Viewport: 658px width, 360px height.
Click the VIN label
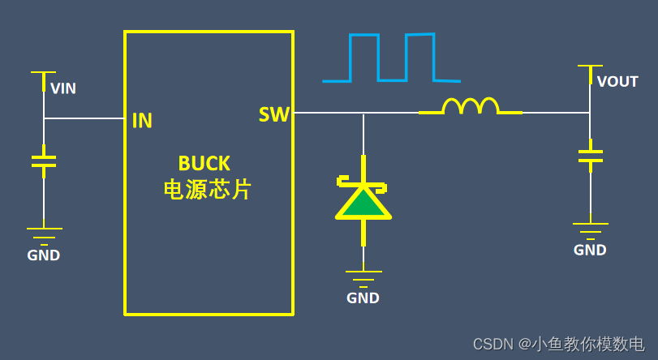(63, 88)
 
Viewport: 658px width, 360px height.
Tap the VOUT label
(617, 81)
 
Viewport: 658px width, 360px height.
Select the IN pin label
(142, 121)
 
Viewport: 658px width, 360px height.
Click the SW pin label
(274, 115)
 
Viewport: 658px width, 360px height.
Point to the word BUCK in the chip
(204, 163)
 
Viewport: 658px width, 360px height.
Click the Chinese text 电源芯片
(208, 190)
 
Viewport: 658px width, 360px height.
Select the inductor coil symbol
(471, 106)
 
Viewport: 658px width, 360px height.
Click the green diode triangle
(363, 204)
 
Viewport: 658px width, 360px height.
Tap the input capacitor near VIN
(44, 160)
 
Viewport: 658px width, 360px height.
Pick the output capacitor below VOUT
(590, 156)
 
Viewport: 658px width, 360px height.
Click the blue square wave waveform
(391, 58)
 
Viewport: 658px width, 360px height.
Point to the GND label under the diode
(363, 298)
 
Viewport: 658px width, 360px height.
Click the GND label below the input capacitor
(44, 255)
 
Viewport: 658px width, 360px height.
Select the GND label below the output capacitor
(590, 250)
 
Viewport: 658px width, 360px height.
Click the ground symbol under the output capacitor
(590, 228)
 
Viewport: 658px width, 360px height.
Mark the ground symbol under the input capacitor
(44, 234)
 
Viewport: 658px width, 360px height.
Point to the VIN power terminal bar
(44, 72)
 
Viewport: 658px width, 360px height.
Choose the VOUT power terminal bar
(590, 66)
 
